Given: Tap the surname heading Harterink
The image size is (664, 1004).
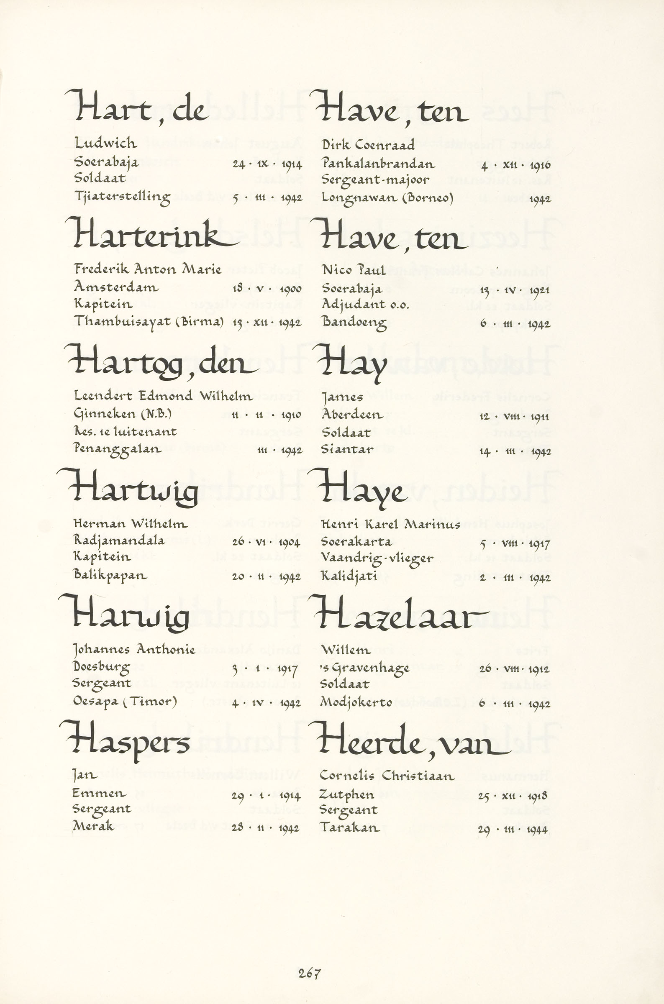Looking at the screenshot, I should point(152,236).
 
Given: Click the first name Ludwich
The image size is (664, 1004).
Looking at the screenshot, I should point(105,143).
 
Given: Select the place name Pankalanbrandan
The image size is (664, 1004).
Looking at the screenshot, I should point(378,164).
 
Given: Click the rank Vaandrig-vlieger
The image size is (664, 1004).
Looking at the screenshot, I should point(377,559).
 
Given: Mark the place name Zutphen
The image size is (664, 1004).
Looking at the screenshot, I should point(347,795).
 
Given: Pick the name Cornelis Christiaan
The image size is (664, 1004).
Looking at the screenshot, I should point(387,776).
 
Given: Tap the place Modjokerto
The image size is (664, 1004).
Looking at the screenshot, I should point(356,702).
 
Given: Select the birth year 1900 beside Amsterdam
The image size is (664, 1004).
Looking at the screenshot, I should point(290,289).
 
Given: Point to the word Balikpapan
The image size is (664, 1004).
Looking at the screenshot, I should point(110,576).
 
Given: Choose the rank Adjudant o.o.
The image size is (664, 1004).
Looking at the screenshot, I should point(365,305).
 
